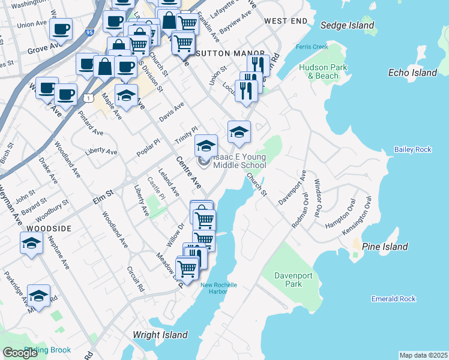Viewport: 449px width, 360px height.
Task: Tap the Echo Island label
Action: [412, 73]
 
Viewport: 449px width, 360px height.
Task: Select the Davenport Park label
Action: [288, 280]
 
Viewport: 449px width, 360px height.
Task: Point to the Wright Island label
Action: [160, 335]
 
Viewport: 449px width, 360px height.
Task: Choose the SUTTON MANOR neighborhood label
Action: [221, 53]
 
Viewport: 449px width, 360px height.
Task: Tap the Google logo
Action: [20, 352]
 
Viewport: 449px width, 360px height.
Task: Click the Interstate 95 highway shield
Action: [90, 33]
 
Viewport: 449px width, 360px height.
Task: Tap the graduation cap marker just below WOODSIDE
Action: [31, 243]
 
